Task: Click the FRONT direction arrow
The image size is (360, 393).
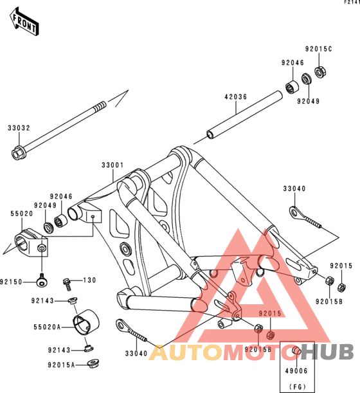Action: click(24, 22)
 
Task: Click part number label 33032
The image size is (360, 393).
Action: click(19, 128)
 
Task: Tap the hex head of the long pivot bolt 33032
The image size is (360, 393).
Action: click(17, 153)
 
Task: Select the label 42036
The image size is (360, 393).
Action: click(235, 96)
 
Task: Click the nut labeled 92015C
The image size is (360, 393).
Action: click(320, 71)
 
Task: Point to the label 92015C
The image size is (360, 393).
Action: click(318, 49)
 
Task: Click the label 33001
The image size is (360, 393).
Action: click(113, 165)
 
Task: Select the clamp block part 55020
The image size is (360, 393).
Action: click(31, 242)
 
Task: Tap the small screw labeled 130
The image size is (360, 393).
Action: click(67, 284)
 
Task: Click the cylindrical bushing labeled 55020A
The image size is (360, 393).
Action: click(86, 322)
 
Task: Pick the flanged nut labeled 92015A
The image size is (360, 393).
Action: click(93, 363)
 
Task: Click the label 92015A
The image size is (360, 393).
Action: click(61, 365)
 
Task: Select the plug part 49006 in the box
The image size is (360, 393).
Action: click(296, 351)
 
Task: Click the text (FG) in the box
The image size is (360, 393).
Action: click(298, 387)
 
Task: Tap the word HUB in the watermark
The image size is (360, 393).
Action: click(327, 352)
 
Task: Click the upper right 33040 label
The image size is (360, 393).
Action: click(294, 188)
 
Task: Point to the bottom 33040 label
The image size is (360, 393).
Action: click(136, 354)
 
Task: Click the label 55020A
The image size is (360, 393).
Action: click(47, 327)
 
